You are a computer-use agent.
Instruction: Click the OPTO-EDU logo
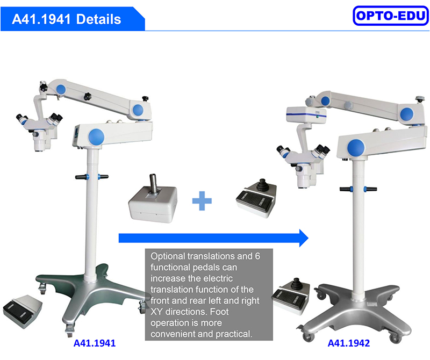(x=391, y=16)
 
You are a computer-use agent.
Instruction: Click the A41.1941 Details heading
(x=66, y=19)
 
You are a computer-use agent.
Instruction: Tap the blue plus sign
(x=202, y=201)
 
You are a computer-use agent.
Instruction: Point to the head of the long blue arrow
(x=308, y=238)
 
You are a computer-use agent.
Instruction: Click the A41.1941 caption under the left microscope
(x=95, y=343)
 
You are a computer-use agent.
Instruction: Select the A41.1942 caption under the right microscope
(x=348, y=343)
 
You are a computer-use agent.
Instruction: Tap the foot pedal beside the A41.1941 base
(x=23, y=311)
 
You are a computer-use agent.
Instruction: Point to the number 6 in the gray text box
(x=257, y=256)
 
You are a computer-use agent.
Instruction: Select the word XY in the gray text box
(x=156, y=312)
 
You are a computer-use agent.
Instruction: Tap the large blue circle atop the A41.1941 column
(x=96, y=136)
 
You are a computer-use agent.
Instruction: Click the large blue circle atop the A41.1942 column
(x=356, y=148)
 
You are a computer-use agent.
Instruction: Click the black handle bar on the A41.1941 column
(x=92, y=177)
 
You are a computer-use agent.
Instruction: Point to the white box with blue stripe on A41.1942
(x=306, y=114)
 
